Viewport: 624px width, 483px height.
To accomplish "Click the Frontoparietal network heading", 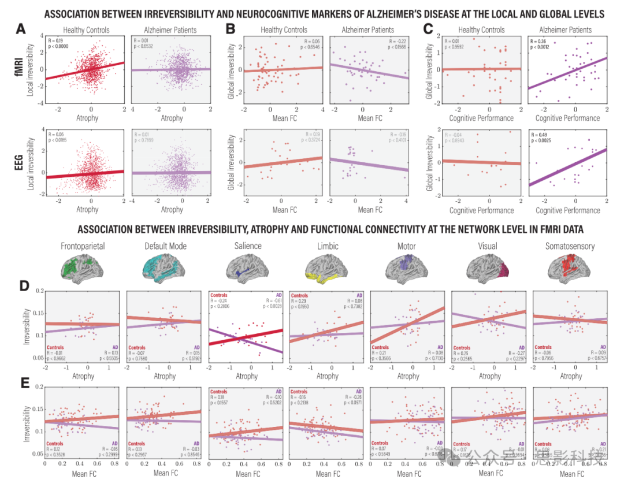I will tap(83, 246).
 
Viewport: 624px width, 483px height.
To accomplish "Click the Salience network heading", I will tap(247, 246).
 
